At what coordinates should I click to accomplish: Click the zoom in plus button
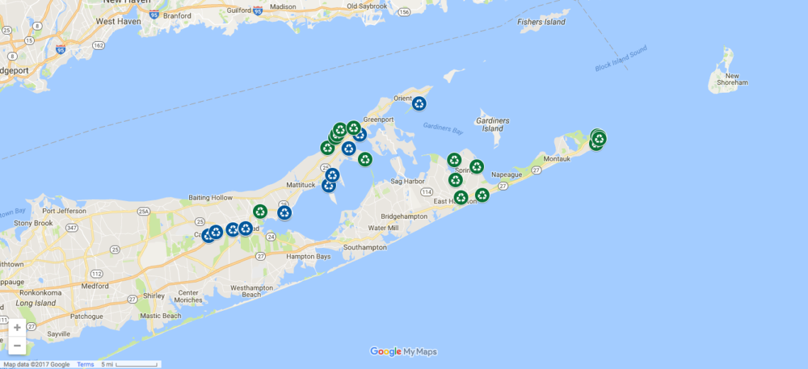(x=17, y=328)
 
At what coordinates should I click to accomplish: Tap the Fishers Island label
(x=542, y=22)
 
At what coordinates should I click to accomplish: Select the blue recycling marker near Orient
(x=419, y=103)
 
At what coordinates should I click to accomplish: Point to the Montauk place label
(x=557, y=159)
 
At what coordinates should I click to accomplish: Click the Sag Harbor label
(x=408, y=181)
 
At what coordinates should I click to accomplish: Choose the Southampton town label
(x=364, y=248)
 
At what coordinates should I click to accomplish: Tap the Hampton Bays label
(x=308, y=256)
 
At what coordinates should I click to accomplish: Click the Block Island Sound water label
(x=621, y=58)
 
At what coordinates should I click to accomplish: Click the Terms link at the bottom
(x=85, y=365)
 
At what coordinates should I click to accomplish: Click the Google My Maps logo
(x=403, y=351)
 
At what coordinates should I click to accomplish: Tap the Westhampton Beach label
(x=252, y=291)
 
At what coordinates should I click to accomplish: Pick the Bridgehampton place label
(x=404, y=216)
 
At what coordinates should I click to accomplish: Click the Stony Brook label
(x=33, y=223)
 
